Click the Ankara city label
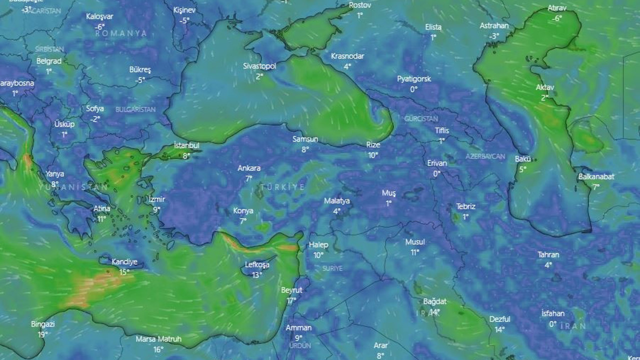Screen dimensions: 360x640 click(x=249, y=168)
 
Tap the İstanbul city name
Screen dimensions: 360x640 click(x=186, y=145)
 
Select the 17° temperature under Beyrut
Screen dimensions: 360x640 click(x=291, y=300)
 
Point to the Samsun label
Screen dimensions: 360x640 click(x=305, y=139)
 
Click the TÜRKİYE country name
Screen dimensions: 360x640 click(x=287, y=186)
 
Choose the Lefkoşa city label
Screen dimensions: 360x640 click(x=257, y=264)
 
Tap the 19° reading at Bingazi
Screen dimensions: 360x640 click(x=42, y=334)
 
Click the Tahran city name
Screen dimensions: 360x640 click(x=548, y=254)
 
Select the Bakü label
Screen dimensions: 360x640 click(x=523, y=159)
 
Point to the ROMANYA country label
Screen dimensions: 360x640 click(x=121, y=33)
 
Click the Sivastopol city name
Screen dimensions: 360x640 click(x=259, y=66)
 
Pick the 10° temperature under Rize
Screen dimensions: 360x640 click(x=373, y=155)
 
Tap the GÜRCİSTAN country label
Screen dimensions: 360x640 click(x=421, y=119)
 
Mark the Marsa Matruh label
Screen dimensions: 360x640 click(x=158, y=339)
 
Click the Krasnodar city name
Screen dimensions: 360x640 click(x=347, y=56)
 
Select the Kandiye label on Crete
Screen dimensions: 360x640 click(x=124, y=261)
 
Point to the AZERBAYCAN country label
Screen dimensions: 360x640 click(x=485, y=156)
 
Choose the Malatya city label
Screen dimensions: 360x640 click(x=337, y=201)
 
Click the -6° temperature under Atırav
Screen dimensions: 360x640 click(x=557, y=18)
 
